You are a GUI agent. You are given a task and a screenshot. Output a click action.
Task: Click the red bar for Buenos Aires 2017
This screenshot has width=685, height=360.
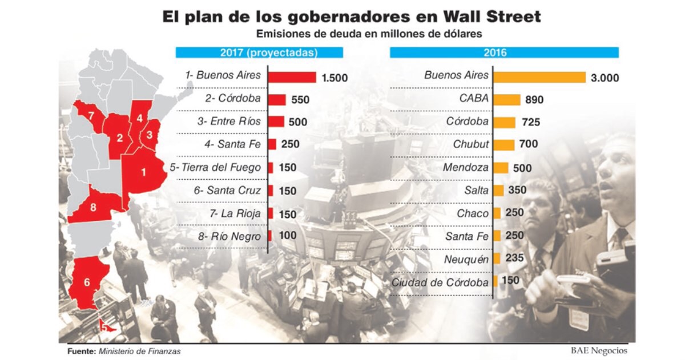292,77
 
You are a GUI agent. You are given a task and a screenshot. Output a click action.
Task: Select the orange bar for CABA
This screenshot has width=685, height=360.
506,99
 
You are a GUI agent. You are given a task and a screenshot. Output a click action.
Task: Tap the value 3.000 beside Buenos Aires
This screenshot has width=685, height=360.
605,78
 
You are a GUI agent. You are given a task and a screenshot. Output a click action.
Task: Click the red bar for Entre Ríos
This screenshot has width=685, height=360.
276,122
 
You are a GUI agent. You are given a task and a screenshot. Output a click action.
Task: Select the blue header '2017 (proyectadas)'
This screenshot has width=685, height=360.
259,53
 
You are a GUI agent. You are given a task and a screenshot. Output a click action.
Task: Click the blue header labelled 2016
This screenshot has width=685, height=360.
504,53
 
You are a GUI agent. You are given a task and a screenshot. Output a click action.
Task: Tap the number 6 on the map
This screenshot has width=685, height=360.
87,282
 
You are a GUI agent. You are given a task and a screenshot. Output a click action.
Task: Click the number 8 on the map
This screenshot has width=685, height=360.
93,208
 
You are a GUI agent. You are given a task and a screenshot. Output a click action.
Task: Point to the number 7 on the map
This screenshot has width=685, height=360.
90,116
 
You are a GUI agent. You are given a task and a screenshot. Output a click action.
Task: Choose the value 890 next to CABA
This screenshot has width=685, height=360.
535,100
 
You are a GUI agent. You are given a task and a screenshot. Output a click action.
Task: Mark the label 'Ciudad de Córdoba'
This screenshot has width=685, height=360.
440,282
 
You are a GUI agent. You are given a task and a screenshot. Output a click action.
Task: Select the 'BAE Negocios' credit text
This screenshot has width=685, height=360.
599,350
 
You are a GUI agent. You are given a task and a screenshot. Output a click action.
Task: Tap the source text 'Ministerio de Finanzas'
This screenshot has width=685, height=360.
139,351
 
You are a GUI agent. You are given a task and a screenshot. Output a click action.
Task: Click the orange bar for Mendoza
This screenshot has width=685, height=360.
500,168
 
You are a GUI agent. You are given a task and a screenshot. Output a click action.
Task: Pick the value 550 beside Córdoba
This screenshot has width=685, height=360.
300,100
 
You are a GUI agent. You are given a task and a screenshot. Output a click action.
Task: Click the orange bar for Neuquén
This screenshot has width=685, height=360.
497,259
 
